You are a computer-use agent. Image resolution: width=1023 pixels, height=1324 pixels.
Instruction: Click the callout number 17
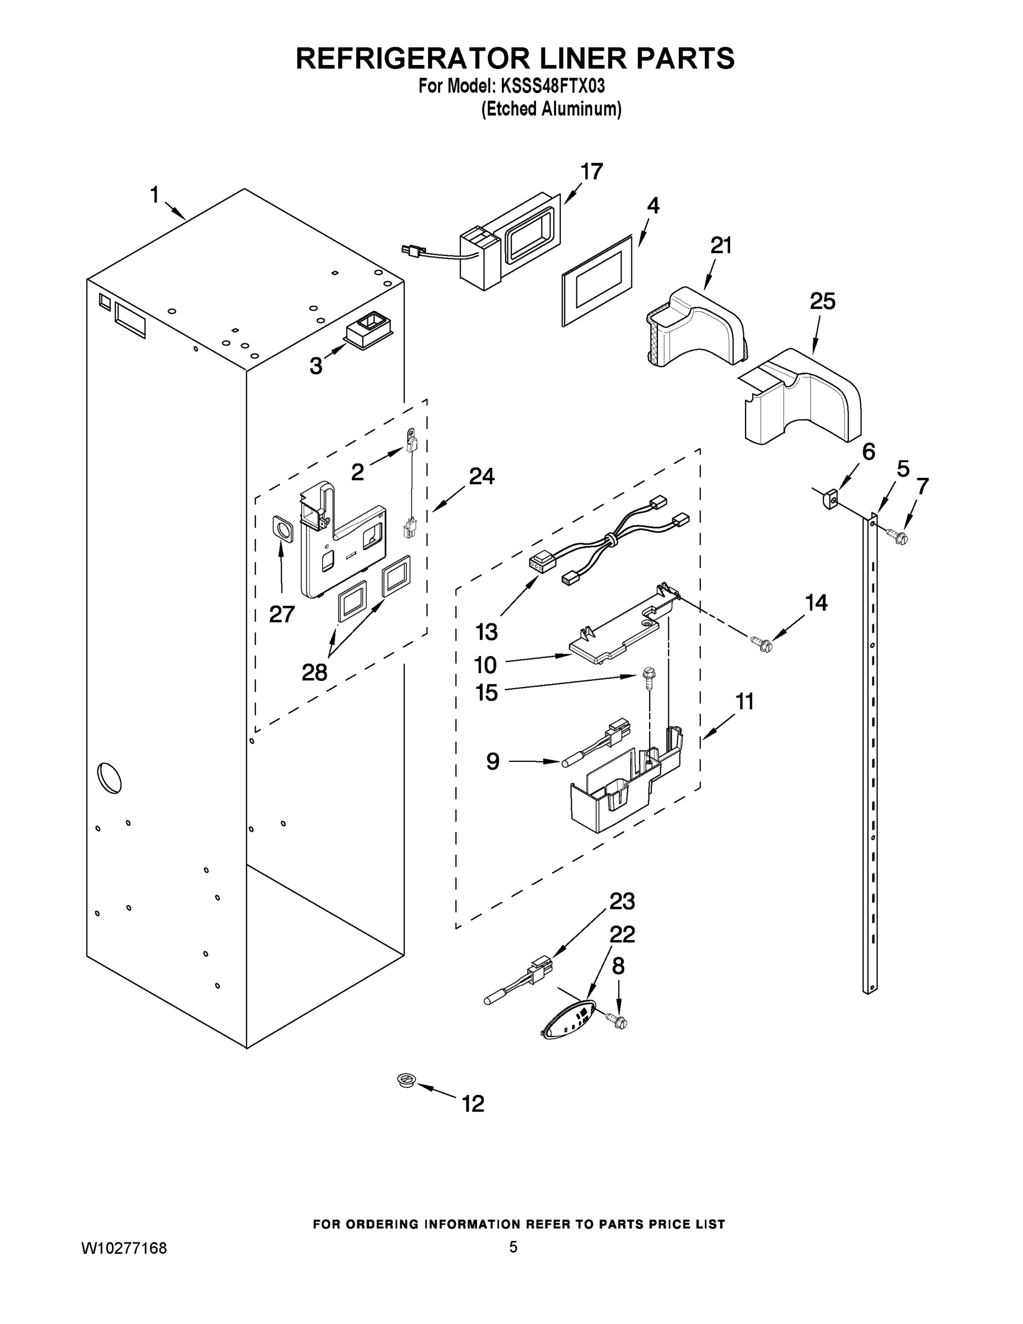click(592, 172)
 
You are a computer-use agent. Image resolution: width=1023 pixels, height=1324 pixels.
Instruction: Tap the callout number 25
click(822, 301)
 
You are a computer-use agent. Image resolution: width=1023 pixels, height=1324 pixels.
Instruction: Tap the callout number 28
click(314, 672)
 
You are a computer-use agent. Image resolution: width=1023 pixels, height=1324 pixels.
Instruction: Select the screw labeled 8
click(618, 1023)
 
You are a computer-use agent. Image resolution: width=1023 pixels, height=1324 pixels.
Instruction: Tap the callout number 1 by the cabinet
click(154, 195)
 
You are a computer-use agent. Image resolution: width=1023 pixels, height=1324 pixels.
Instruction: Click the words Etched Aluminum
click(551, 109)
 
